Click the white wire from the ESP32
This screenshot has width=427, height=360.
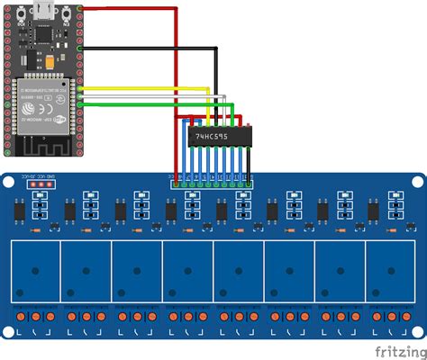pos(144,96)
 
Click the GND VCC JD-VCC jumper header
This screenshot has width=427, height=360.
pos(41,184)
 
